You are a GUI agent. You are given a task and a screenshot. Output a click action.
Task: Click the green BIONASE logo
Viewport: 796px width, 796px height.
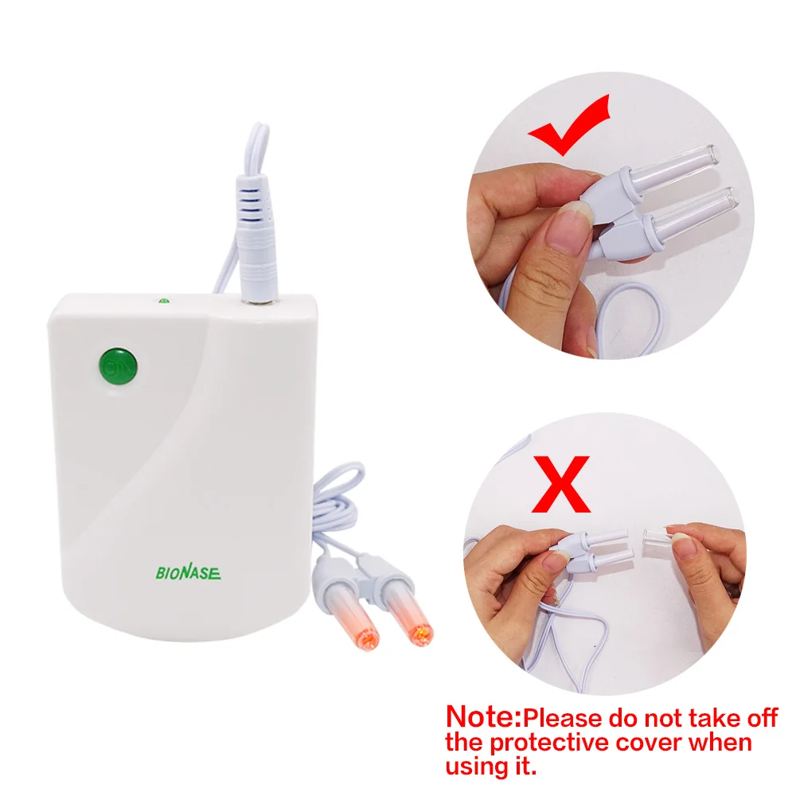click(x=188, y=572)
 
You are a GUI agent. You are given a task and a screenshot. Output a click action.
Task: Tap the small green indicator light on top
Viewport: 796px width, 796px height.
click(x=163, y=302)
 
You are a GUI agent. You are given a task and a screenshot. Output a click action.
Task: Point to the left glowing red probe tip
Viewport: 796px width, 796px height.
click(x=368, y=634)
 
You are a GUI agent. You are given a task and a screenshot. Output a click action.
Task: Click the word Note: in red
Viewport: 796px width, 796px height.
click(x=482, y=716)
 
